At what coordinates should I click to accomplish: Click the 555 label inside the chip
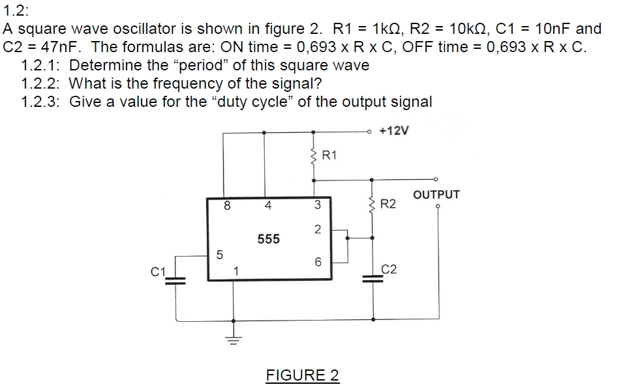point(268,239)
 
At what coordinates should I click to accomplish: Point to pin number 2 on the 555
point(317,229)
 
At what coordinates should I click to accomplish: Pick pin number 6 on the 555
point(318,262)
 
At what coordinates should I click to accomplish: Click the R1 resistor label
point(330,154)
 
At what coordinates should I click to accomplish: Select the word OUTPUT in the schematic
point(436,194)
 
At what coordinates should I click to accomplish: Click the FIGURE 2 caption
point(302,375)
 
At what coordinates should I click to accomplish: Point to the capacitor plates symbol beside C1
point(174,280)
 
